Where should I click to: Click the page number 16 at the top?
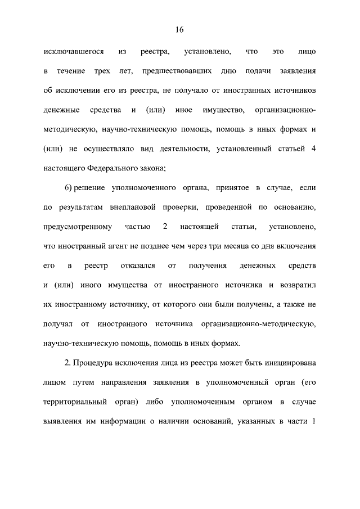point(179,29)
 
